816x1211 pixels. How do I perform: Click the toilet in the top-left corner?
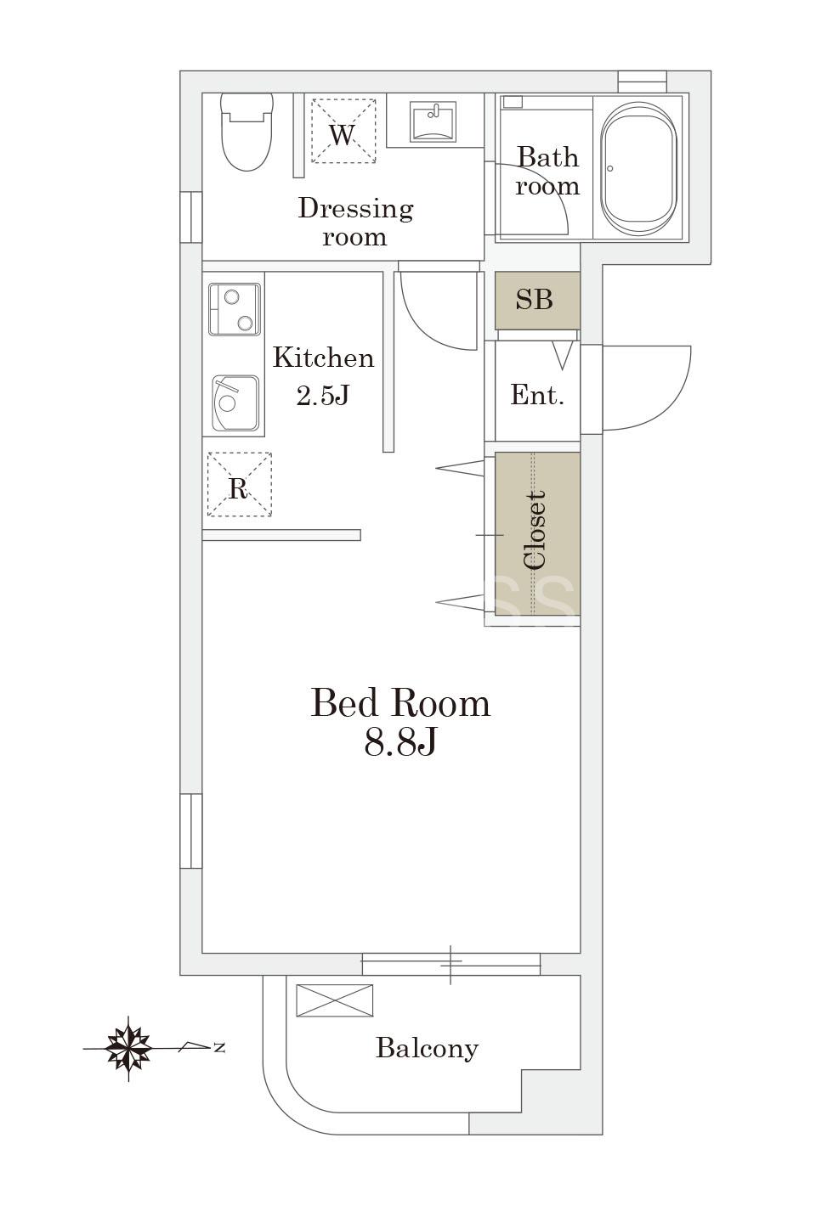click(246, 132)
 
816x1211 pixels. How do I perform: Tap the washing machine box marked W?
click(343, 131)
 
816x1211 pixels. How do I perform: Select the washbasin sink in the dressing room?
click(433, 121)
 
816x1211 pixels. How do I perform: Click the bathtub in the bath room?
click(639, 169)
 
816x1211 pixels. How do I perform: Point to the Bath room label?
click(547, 172)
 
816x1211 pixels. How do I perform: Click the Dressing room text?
click(355, 222)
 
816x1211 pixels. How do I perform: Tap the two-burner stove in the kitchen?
click(235, 309)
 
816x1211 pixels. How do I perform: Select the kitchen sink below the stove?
click(235, 403)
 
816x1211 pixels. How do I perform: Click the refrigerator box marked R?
click(239, 484)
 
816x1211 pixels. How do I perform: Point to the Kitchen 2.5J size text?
click(323, 377)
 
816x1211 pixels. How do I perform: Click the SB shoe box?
click(537, 300)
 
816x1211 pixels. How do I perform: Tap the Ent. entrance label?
click(537, 395)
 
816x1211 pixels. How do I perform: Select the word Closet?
click(535, 531)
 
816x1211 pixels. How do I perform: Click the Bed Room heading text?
click(400, 703)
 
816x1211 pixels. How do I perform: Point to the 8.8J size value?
click(400, 741)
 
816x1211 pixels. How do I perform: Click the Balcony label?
click(428, 1049)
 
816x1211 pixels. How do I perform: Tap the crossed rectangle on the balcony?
click(335, 1000)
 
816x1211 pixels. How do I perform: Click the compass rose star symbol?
click(128, 1049)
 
